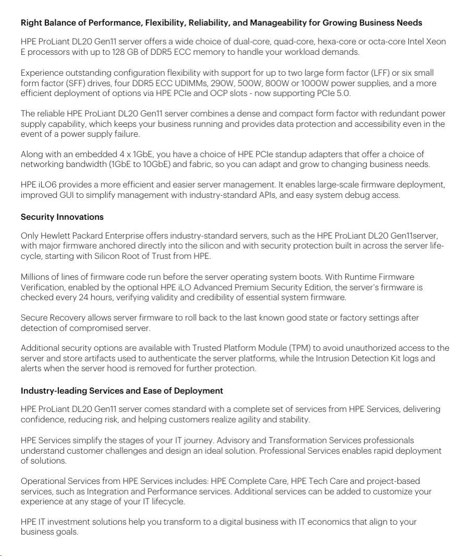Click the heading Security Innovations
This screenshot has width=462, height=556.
(x=62, y=217)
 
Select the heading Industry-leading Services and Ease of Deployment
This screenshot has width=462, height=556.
(x=121, y=391)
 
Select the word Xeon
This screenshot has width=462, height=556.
(x=435, y=42)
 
